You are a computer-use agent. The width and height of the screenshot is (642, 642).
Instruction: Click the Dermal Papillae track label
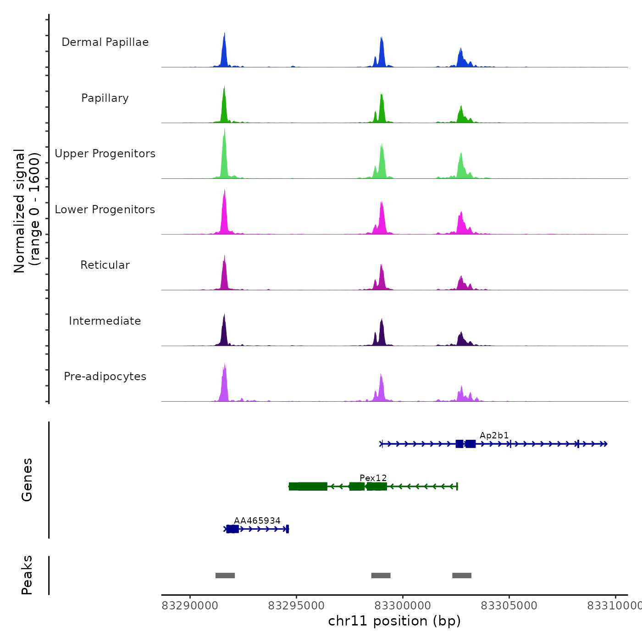click(x=105, y=42)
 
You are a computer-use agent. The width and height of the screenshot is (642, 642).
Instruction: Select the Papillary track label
click(x=105, y=98)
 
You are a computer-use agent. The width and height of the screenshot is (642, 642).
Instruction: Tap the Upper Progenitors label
click(x=105, y=154)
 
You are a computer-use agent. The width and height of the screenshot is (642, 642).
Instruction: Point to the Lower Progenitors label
click(x=105, y=210)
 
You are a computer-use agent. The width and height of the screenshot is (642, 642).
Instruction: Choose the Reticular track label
click(x=105, y=265)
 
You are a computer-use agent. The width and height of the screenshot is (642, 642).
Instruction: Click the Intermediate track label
click(x=105, y=321)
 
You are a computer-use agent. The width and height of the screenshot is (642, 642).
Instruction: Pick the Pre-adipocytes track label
click(x=105, y=376)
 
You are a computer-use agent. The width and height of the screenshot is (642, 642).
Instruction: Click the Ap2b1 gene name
click(x=494, y=436)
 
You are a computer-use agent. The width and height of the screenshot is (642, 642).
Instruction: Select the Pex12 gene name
click(x=373, y=478)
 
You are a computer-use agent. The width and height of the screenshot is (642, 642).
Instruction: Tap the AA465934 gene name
click(x=257, y=520)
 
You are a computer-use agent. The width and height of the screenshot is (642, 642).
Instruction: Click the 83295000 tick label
click(x=296, y=606)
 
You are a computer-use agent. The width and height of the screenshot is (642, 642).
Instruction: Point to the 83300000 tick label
click(x=403, y=606)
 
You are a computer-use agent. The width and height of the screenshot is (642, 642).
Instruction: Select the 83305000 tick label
click(x=509, y=606)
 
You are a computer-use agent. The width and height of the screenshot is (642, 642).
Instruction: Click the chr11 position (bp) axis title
click(x=394, y=621)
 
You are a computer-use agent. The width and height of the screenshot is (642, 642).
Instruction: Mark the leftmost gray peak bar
click(x=225, y=576)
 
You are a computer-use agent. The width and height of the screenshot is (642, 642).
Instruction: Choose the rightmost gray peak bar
click(x=462, y=576)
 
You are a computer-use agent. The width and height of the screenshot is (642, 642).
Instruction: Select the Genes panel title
click(x=27, y=480)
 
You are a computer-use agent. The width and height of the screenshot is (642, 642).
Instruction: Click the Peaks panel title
click(x=27, y=575)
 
